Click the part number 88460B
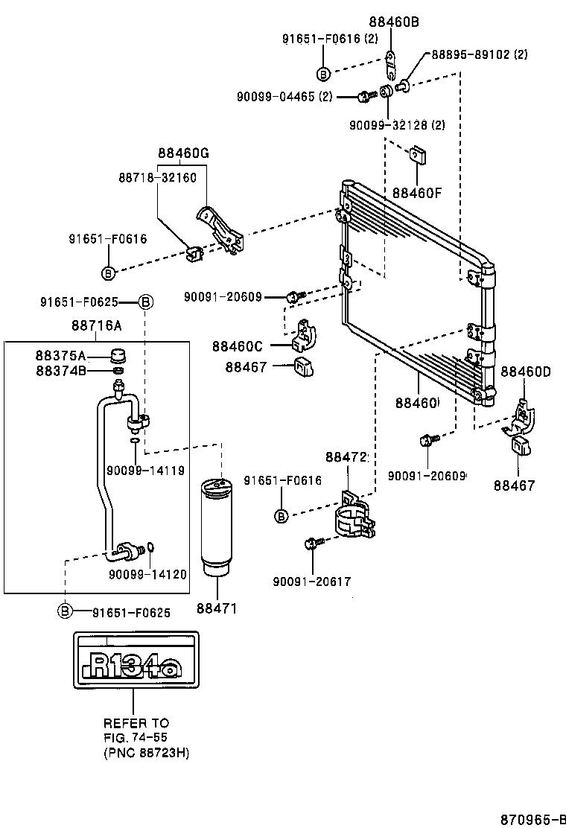394,22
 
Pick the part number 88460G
183,153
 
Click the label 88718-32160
157,178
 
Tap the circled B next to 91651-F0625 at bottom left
66,612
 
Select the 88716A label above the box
97,325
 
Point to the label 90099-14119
147,470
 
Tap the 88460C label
237,345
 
